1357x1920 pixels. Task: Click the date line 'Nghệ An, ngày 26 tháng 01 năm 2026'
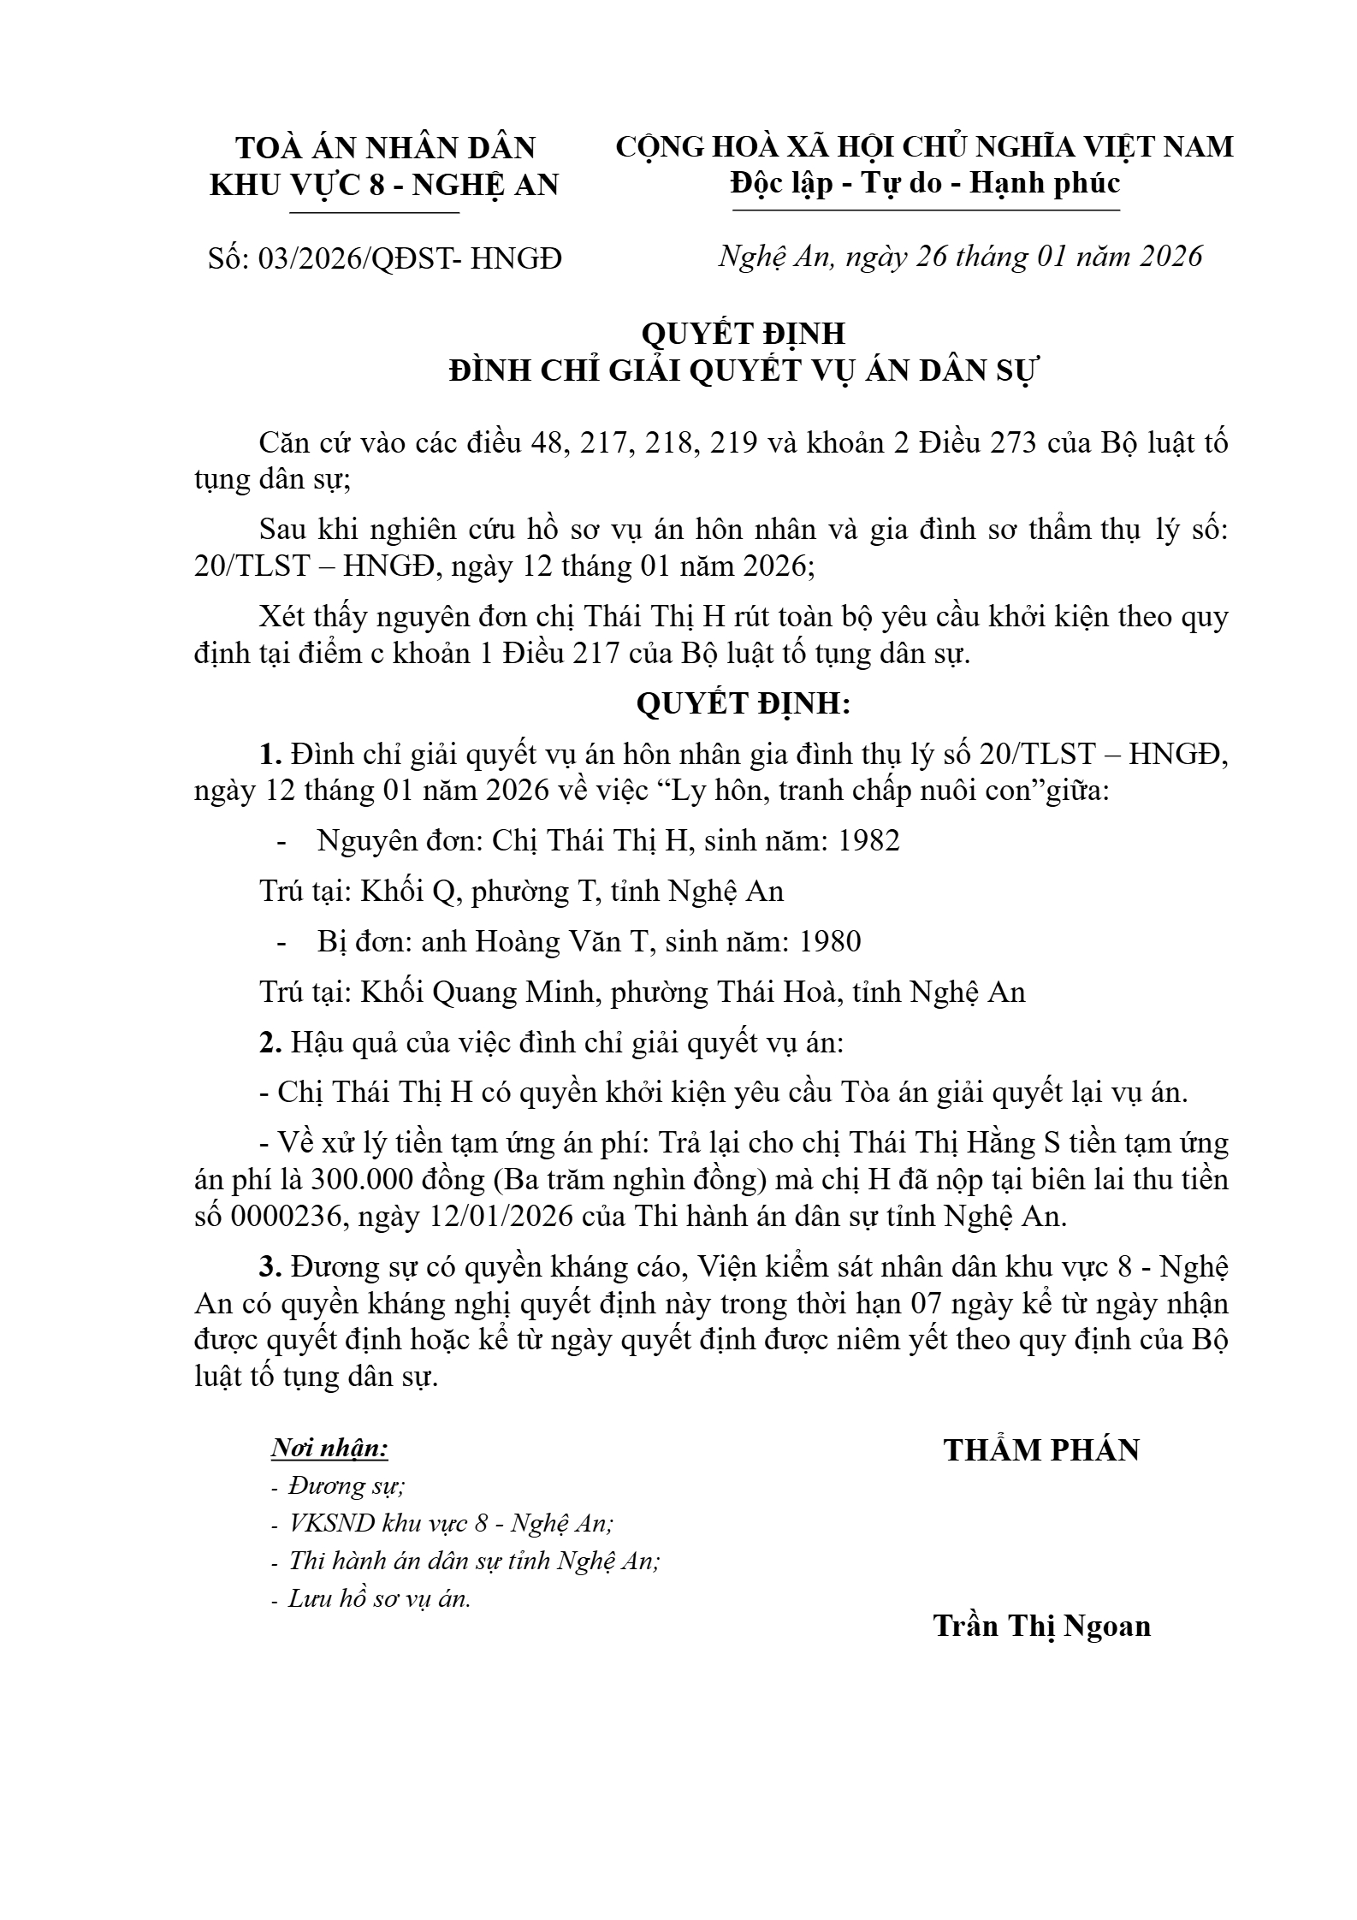960,256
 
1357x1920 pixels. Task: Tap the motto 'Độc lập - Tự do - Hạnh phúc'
925,183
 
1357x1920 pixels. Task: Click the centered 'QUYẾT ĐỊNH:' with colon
743,703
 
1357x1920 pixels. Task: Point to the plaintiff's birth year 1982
868,840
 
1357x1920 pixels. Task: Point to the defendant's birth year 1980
829,941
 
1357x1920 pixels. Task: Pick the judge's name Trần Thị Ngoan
1041,1625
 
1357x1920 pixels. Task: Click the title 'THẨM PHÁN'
1041,1449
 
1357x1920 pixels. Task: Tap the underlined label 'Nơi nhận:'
329,1448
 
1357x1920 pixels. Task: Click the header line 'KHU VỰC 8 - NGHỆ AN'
384,185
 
